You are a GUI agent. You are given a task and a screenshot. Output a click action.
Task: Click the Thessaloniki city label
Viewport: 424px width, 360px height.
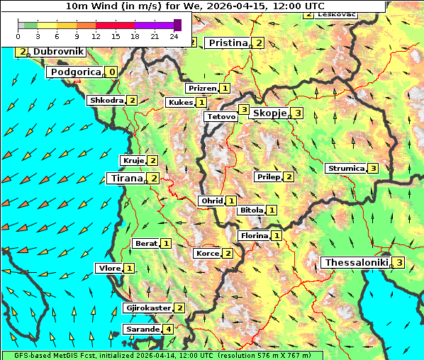pos(356,263)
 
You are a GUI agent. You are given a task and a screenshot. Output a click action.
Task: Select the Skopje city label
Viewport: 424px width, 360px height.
pos(269,113)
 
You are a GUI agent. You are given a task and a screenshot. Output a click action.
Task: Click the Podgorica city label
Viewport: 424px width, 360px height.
pos(74,72)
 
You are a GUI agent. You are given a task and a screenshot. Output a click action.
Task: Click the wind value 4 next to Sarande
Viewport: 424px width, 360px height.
pos(168,330)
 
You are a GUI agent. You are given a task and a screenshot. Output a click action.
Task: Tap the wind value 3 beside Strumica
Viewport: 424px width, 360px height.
pos(373,169)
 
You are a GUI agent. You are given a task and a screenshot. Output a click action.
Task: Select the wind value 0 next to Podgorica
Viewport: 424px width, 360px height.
pos(112,72)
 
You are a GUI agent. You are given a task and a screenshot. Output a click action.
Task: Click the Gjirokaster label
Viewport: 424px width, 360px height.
pos(147,308)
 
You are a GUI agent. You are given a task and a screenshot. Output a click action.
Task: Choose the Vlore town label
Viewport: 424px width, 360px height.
pos(108,268)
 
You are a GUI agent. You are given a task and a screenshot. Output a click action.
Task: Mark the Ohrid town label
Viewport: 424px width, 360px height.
pos(211,201)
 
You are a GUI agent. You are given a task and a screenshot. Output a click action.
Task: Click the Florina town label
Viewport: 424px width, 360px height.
pos(254,235)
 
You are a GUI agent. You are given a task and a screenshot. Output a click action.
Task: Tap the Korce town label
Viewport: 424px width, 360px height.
pos(207,254)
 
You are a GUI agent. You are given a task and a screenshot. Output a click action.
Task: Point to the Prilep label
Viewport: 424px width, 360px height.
pos(269,176)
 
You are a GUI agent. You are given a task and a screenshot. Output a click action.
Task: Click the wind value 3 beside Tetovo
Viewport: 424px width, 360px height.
pos(243,110)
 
